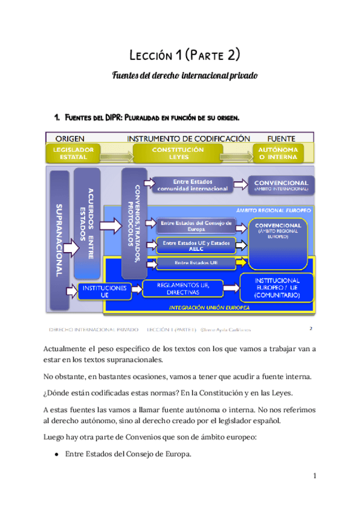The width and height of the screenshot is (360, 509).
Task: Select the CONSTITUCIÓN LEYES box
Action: [x=179, y=153]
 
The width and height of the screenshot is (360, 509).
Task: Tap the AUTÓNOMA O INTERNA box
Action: [x=283, y=153]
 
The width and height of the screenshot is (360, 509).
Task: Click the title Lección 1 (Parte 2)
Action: [x=185, y=56]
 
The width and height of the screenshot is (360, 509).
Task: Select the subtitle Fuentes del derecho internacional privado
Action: [x=185, y=76]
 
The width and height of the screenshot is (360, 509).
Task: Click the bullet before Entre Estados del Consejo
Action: [x=56, y=454]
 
